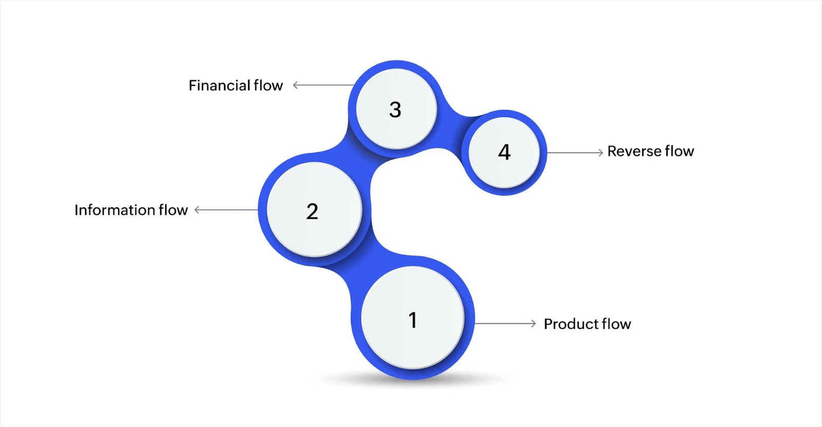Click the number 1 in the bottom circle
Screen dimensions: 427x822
pos(413,320)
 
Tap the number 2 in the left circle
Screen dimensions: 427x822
pos(312,211)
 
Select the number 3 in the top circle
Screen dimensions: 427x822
pos(395,109)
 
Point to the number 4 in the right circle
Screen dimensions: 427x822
pos(505,152)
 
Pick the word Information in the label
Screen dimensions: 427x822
pos(115,210)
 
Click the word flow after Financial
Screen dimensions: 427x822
pos(268,85)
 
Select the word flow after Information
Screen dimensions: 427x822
pos(173,210)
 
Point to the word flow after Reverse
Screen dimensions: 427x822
pos(679,151)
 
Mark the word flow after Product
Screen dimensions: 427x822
pos(616,324)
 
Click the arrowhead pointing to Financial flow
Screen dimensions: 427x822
pos(295,85)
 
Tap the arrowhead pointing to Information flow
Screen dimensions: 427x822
pos(197,210)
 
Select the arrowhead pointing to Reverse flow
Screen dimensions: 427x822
pos(600,152)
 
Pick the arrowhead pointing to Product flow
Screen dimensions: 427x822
pos(533,323)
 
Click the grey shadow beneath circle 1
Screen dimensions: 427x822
pos(411,381)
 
